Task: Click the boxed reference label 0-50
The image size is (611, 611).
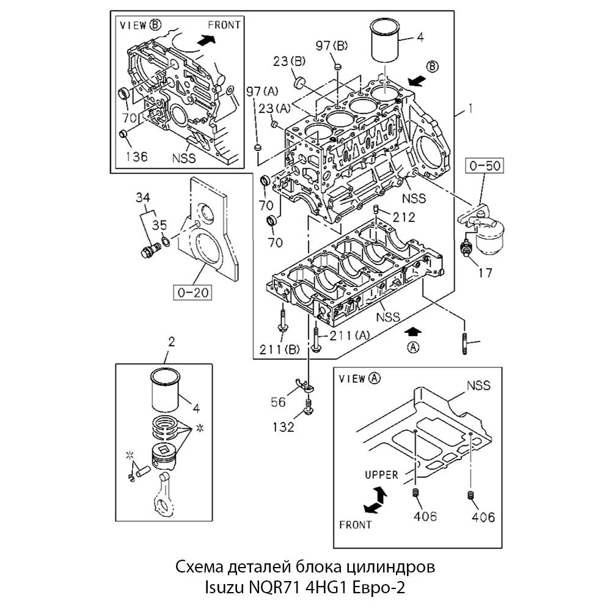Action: point(485,166)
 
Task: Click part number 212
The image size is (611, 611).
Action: point(404,217)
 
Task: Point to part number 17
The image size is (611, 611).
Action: point(484,273)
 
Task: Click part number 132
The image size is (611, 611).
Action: point(283,426)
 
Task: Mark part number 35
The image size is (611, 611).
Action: point(159,224)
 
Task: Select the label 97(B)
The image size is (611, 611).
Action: point(331,45)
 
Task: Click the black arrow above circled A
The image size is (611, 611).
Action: point(414,331)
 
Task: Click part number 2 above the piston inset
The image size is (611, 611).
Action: point(171,342)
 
